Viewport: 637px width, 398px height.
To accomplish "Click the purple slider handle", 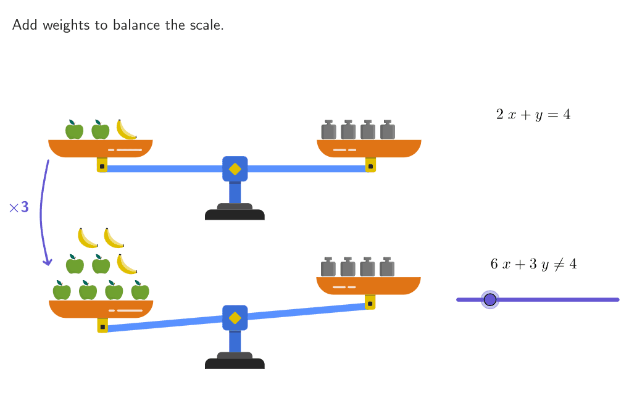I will pyautogui.click(x=490, y=300).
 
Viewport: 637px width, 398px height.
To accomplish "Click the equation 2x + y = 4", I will pyautogui.click(x=533, y=114).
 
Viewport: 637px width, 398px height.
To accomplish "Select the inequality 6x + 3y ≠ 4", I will pyautogui.click(x=533, y=264).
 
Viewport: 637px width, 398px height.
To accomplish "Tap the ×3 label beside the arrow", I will pyautogui.click(x=19, y=207).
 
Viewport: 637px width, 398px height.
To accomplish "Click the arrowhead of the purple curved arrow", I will pyautogui.click(x=47, y=262).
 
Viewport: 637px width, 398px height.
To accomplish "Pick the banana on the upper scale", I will pyautogui.click(x=126, y=130).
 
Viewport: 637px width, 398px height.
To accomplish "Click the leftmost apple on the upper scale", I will pyautogui.click(x=74, y=130).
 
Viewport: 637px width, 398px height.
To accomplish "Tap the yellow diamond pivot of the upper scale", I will pyautogui.click(x=235, y=168).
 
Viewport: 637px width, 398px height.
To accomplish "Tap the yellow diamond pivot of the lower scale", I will pyautogui.click(x=235, y=318).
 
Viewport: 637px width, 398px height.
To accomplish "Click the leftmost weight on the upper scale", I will pyautogui.click(x=328, y=130).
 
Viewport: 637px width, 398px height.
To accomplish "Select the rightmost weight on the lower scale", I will pyautogui.click(x=387, y=267).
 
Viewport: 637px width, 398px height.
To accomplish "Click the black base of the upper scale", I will pyautogui.click(x=235, y=215).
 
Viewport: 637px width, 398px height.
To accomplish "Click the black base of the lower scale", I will pyautogui.click(x=235, y=364).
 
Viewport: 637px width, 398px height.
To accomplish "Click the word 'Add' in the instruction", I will pyautogui.click(x=25, y=25).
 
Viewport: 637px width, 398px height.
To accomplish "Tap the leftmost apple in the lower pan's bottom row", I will pyautogui.click(x=62, y=291).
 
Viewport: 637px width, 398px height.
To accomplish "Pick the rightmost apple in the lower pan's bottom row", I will pyautogui.click(x=140, y=291).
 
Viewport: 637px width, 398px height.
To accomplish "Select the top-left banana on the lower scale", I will pyautogui.click(x=88, y=238).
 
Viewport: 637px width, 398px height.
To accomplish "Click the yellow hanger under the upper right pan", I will pyautogui.click(x=370, y=165).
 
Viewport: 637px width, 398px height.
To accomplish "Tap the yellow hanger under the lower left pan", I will pyautogui.click(x=102, y=325).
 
